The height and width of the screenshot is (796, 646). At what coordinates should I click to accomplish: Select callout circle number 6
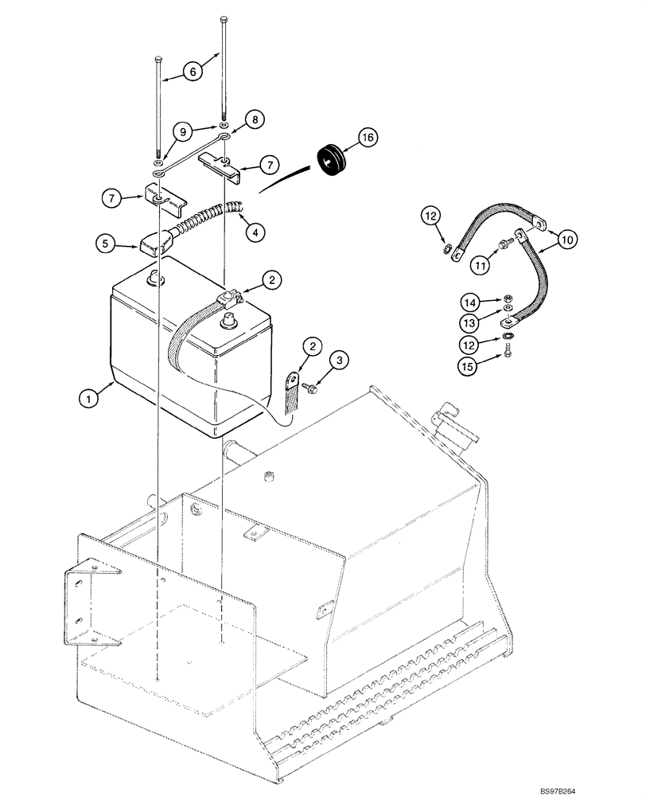pos(191,71)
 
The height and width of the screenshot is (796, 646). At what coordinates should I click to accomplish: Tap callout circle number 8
pos(255,119)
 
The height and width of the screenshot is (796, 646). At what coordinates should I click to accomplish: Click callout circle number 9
pos(181,130)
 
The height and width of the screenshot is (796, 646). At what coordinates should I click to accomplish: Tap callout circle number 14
pos(470,302)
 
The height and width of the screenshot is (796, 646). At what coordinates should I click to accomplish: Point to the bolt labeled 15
pos(508,356)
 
